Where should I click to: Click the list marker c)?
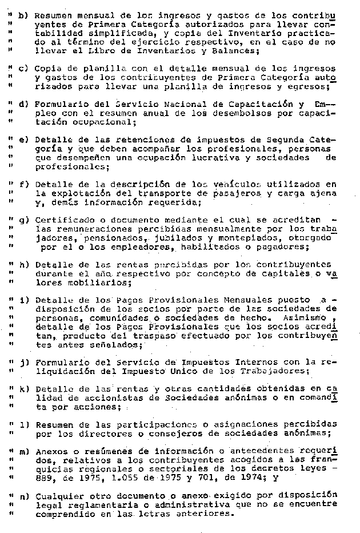pos(23,69)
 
